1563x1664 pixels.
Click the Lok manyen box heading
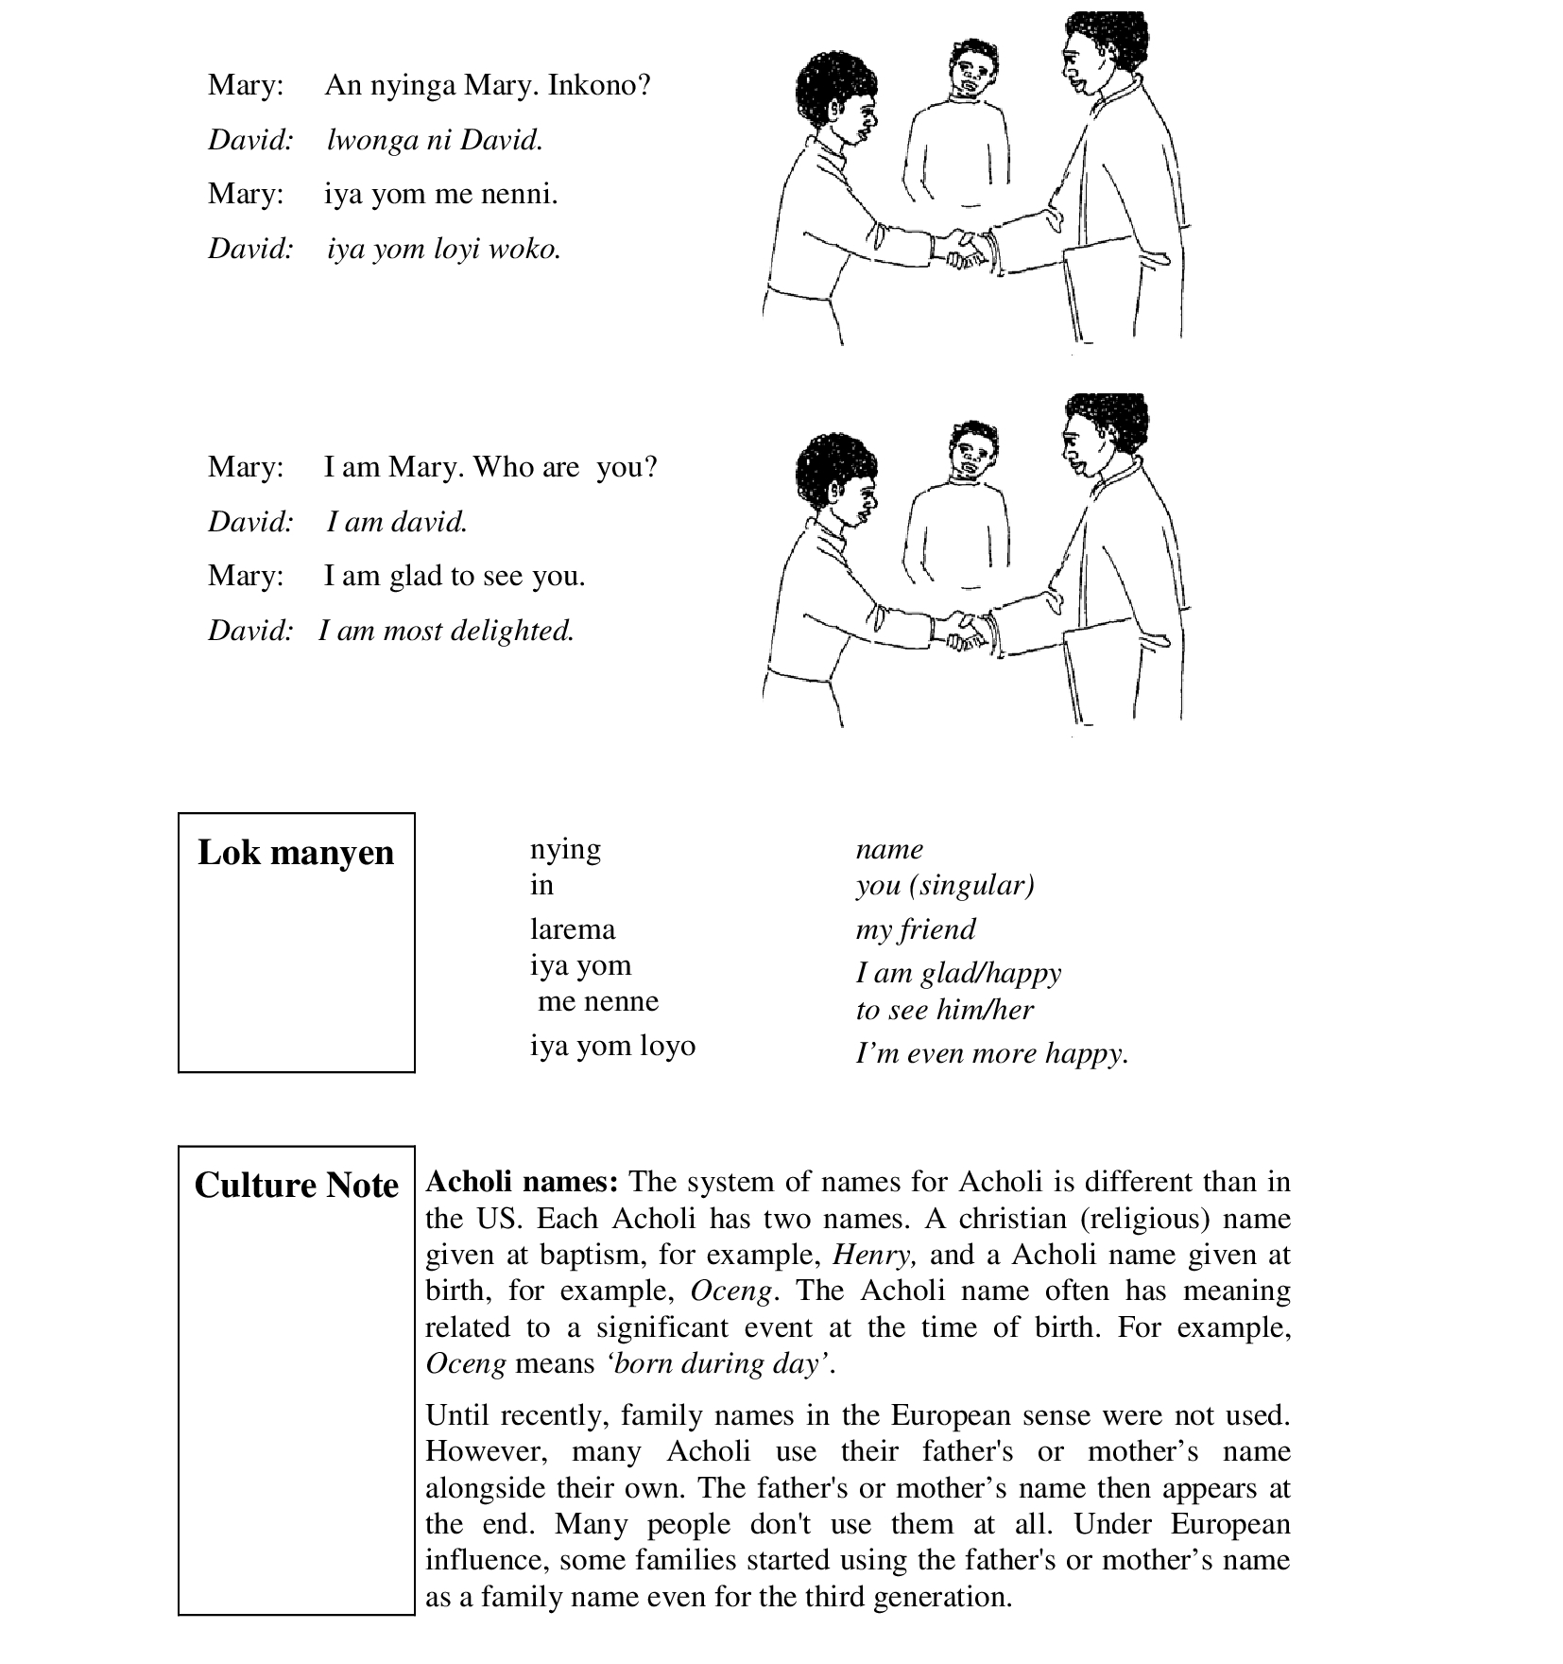coord(296,853)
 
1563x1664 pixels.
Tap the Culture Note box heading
coord(296,1186)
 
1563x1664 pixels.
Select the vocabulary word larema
coord(573,929)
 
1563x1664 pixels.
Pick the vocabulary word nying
coord(565,849)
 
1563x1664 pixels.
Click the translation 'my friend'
coord(915,929)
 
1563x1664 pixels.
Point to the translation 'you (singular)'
coord(945,886)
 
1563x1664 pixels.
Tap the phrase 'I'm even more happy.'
coord(992,1053)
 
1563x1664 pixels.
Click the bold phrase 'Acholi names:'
coord(523,1182)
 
